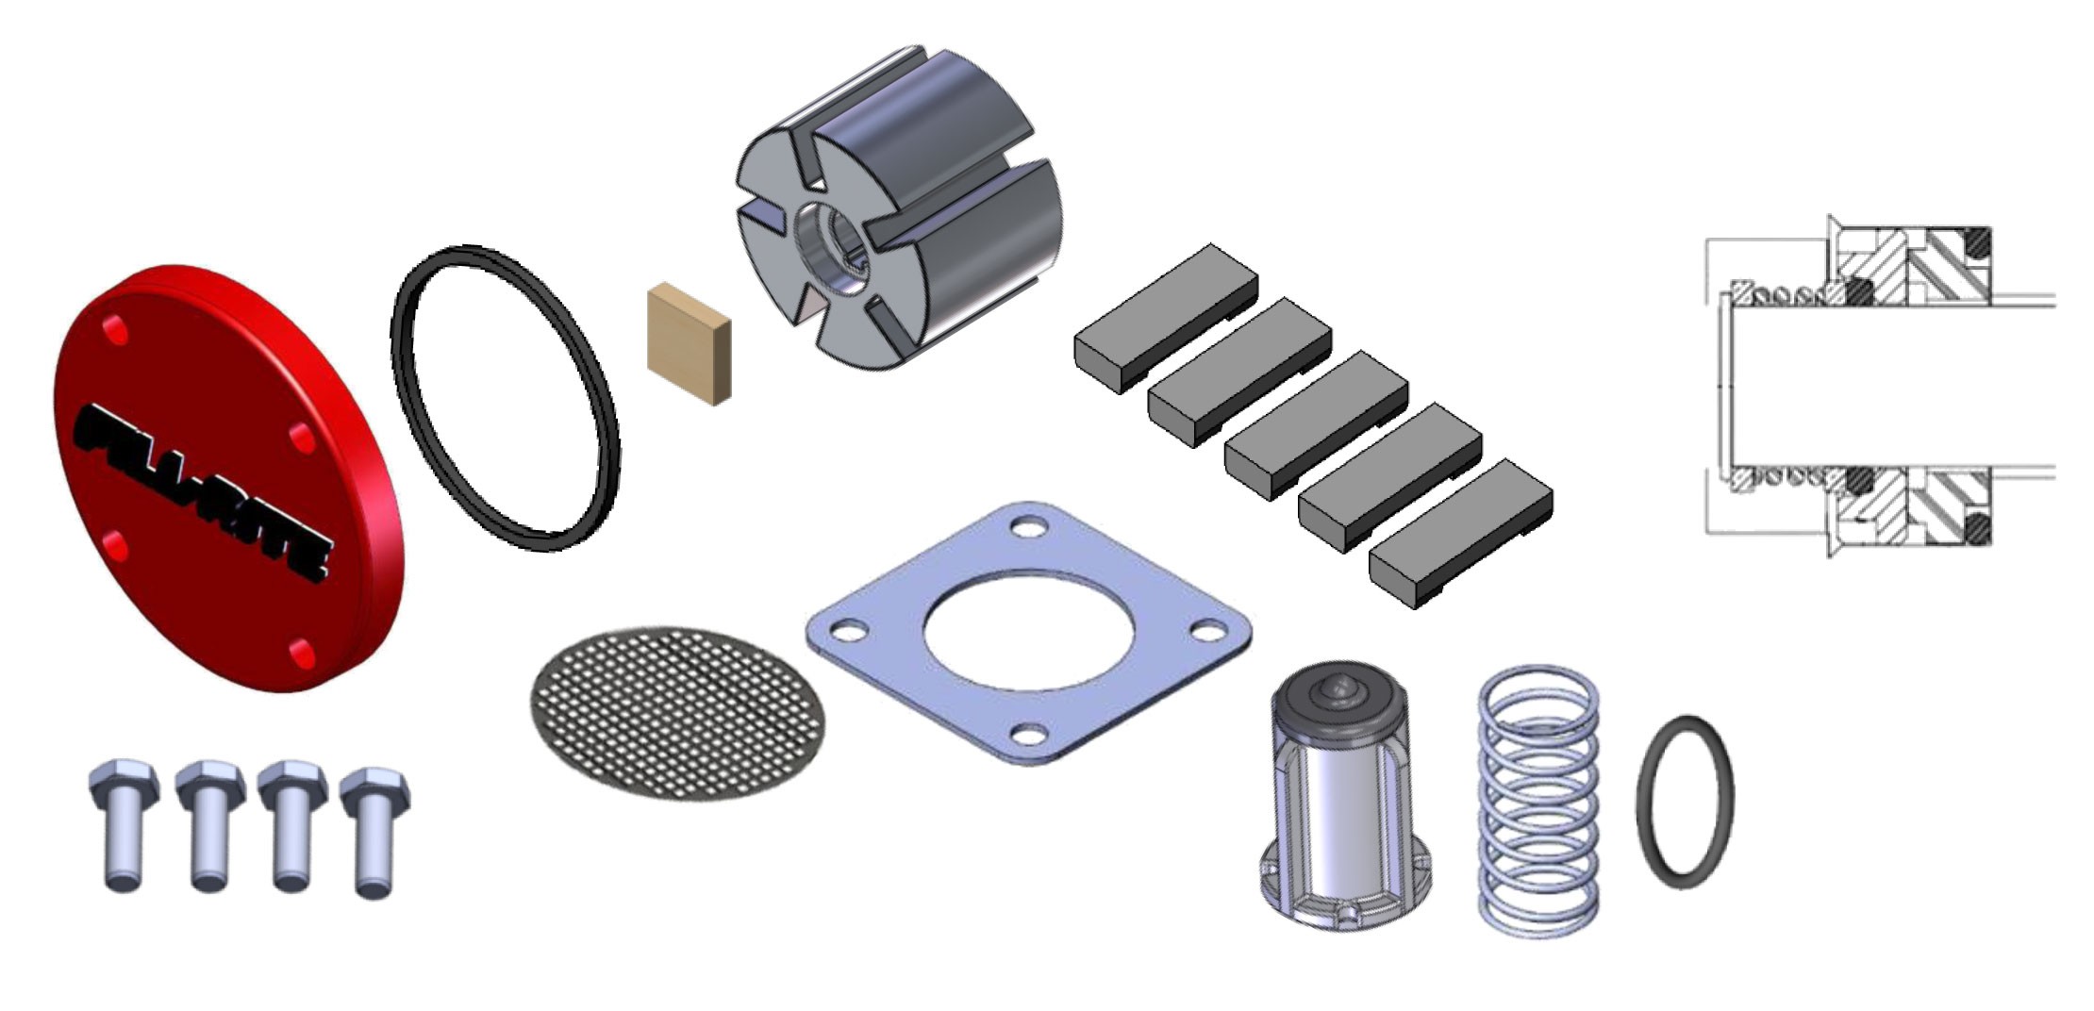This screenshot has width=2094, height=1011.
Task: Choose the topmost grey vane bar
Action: pos(1166,319)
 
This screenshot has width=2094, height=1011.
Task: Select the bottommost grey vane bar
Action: pos(1460,533)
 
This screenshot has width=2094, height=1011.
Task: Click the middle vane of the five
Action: pos(1316,424)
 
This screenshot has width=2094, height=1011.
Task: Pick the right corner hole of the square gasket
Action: pos(1207,629)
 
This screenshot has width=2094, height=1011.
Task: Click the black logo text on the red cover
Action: pos(203,490)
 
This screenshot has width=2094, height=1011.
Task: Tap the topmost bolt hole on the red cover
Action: pos(117,330)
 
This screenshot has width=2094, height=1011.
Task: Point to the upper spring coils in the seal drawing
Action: pos(1783,294)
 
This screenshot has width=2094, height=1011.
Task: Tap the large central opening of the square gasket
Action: pos(1029,630)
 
